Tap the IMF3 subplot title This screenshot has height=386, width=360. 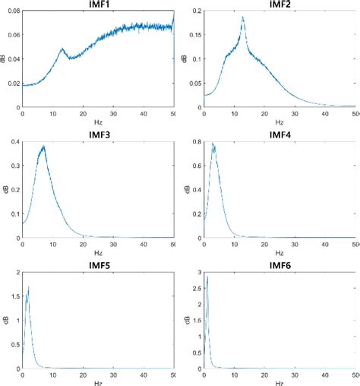[x=98, y=135]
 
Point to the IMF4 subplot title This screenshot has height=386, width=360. [x=279, y=135]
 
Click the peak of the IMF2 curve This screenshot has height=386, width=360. [x=243, y=17]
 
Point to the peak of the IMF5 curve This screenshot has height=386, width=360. [x=29, y=286]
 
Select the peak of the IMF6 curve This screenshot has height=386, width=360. [x=207, y=277]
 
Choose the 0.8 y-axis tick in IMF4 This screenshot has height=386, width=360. [x=196, y=142]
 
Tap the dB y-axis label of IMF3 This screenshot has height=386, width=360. [x=5, y=190]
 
